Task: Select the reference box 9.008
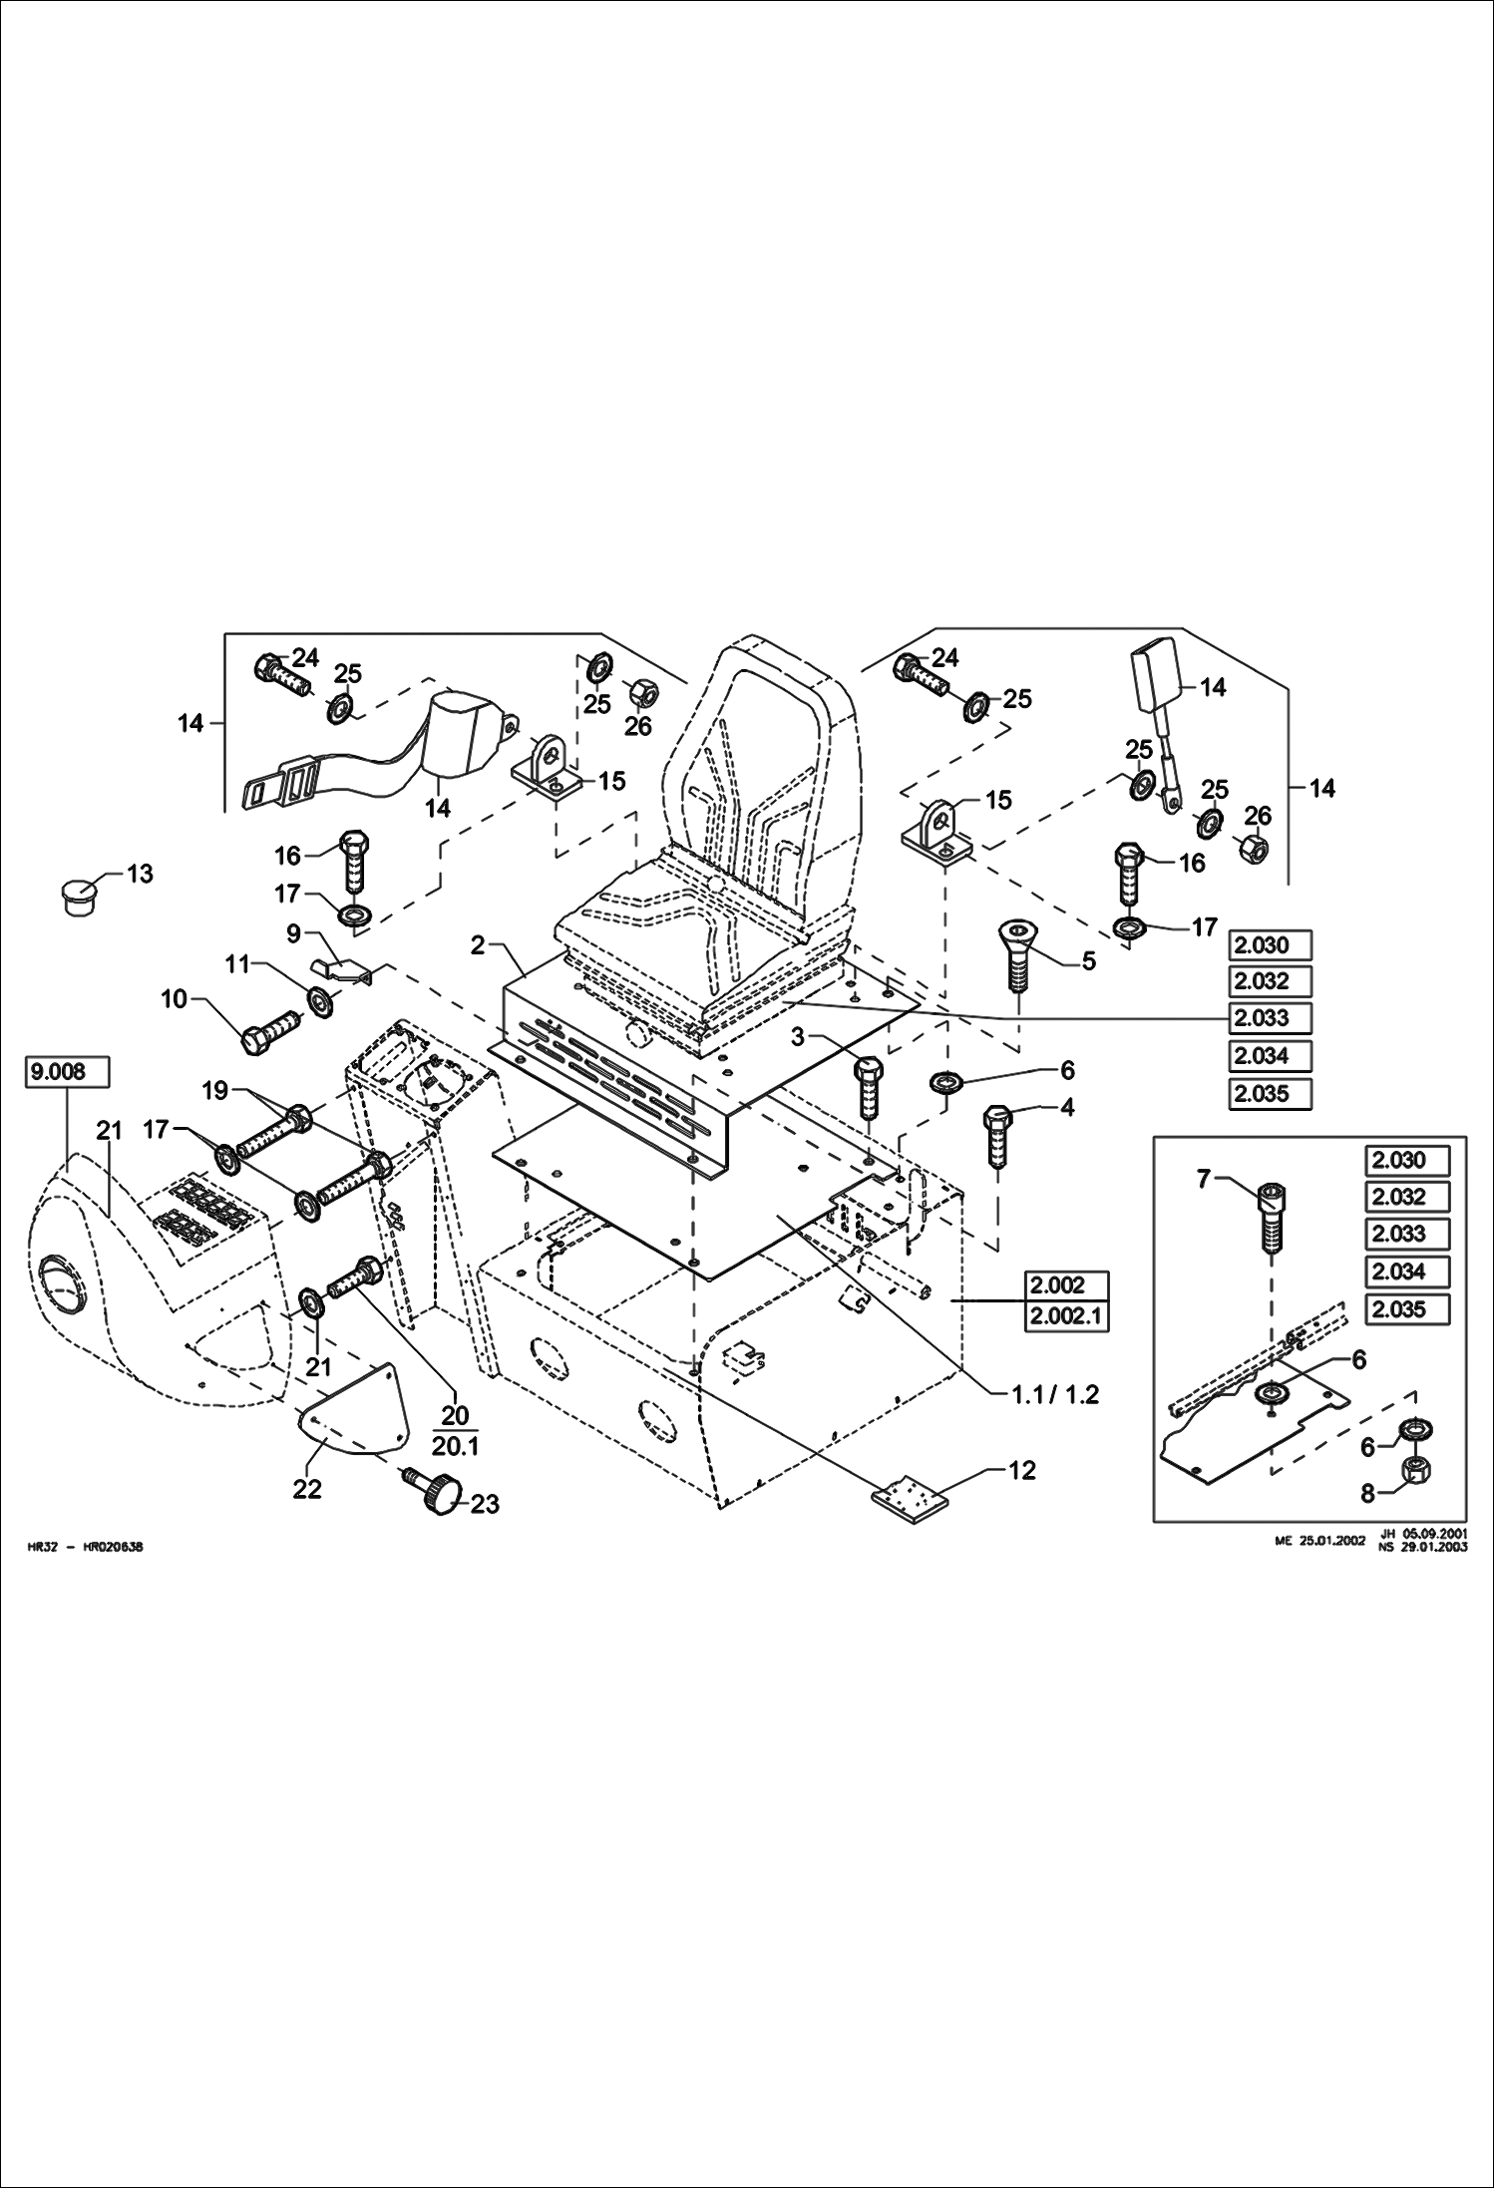pos(67,1072)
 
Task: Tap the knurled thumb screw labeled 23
pos(436,1492)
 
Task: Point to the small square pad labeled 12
pos(910,1503)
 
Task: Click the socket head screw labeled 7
pos(1273,1218)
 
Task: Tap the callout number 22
pos(307,1489)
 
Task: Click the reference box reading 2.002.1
pos(1066,1316)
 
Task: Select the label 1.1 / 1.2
pos(1054,1394)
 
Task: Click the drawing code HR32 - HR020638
pos(86,1548)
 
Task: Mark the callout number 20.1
pos(456,1446)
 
